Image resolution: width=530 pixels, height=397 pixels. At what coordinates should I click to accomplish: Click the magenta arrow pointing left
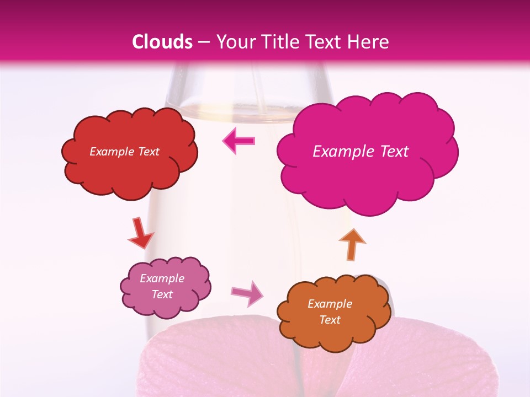[x=239, y=141]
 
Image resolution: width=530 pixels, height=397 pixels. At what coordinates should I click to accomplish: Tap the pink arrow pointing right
[x=248, y=293]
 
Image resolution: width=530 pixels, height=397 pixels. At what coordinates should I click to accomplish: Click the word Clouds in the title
[x=162, y=42]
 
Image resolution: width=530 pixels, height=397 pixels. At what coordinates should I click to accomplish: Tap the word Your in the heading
[x=232, y=42]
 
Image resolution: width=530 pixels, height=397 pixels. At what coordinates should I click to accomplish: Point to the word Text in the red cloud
[x=148, y=152]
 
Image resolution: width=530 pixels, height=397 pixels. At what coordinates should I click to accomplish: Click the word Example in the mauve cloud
[x=162, y=278]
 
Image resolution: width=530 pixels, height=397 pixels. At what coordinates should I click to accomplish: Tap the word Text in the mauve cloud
[x=162, y=294]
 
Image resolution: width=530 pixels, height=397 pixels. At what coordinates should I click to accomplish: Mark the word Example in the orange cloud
[x=330, y=304]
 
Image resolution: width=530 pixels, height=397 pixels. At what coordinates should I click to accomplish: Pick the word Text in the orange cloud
[x=330, y=320]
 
